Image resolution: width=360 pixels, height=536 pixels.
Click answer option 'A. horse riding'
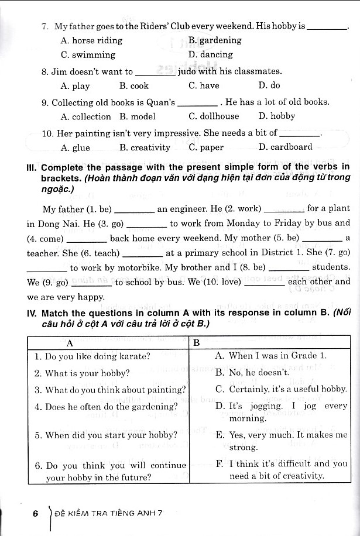[91, 40]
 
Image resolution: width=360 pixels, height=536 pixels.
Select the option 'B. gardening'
[215, 40]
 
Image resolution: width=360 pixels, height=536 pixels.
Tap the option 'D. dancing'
[211, 54]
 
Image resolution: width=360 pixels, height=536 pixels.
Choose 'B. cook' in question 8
[134, 85]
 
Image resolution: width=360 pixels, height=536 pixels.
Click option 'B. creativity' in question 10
[145, 147]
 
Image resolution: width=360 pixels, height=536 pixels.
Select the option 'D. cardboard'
[285, 147]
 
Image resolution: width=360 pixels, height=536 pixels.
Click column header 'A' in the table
[70, 342]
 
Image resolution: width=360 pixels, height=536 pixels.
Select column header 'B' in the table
[197, 342]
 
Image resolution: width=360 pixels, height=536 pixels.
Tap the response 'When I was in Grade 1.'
[270, 355]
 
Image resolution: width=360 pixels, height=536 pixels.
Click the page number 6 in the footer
[36, 513]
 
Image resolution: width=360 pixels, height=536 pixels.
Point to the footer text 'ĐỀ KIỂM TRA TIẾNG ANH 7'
[107, 513]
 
